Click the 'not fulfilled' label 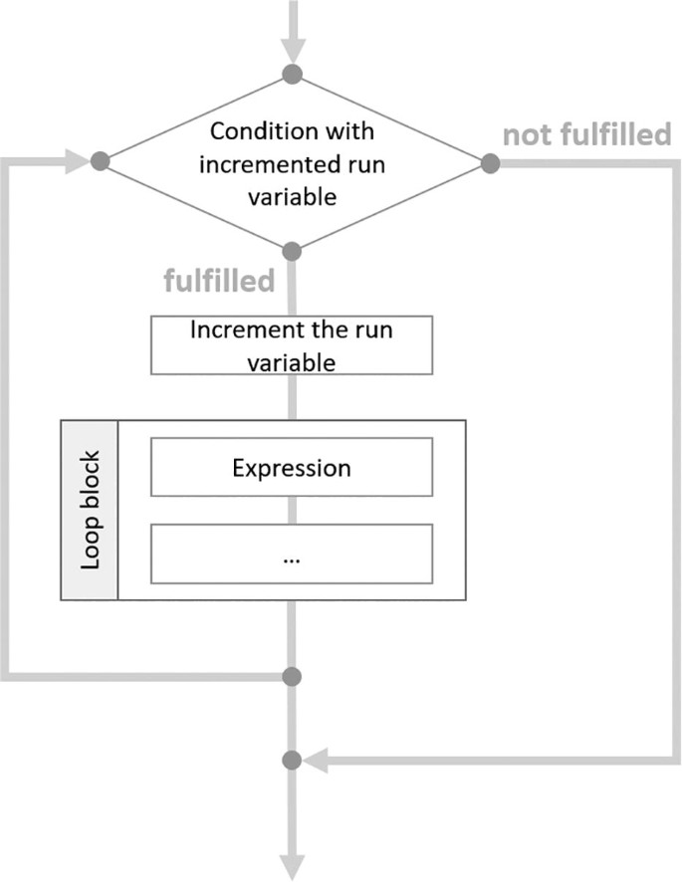tap(586, 135)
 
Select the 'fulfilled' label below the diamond tap(219, 282)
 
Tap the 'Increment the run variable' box tap(292, 344)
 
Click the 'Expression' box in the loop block tap(292, 467)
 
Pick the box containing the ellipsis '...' tap(292, 553)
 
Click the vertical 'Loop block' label tap(91, 511)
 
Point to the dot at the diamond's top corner tap(292, 75)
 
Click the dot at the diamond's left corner tap(99, 162)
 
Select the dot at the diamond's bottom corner tap(292, 250)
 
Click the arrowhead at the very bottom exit tap(292, 864)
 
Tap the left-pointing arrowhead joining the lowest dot tap(317, 762)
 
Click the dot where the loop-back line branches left tap(292, 677)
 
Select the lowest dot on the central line tap(292, 762)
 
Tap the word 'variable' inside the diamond tap(292, 196)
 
